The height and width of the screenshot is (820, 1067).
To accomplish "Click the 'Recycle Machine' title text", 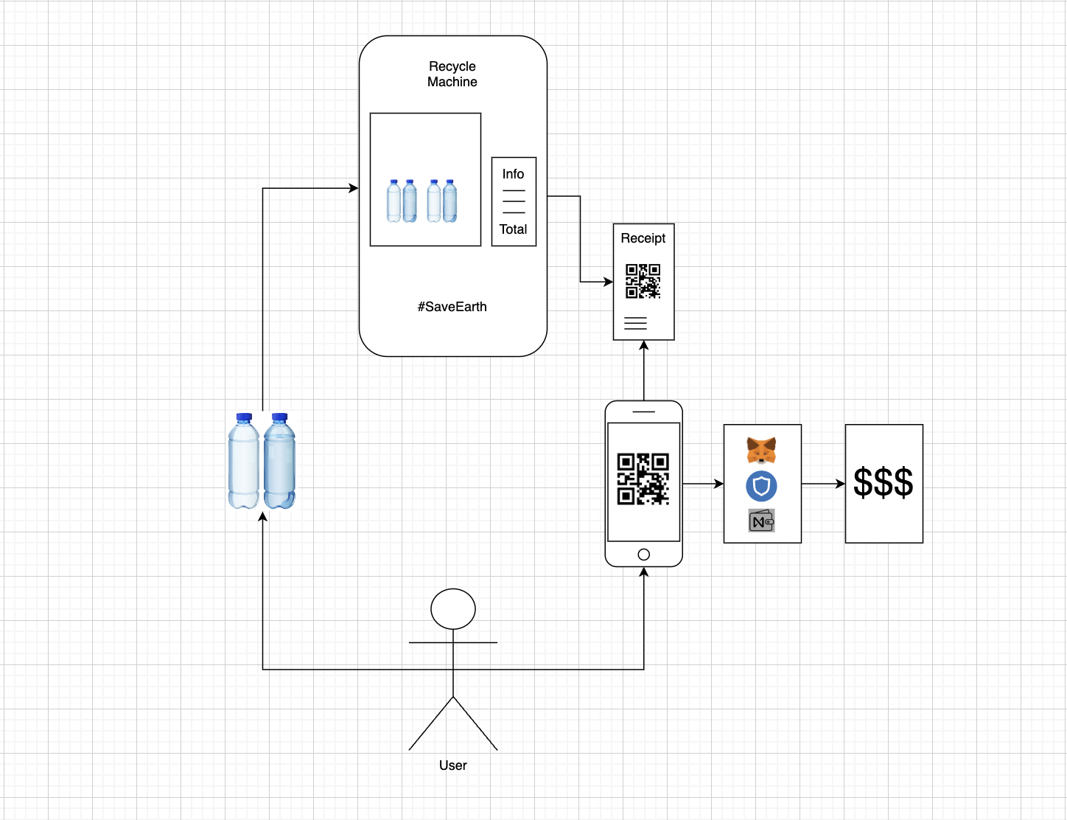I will click(x=452, y=74).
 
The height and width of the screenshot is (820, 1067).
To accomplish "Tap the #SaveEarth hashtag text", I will click(x=452, y=307).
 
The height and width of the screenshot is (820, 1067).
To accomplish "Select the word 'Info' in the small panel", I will click(x=513, y=174).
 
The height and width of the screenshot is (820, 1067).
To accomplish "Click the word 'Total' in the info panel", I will click(x=513, y=229).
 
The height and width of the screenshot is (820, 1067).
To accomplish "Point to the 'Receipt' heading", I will click(x=643, y=238).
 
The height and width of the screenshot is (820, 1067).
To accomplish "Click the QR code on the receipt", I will click(x=643, y=281).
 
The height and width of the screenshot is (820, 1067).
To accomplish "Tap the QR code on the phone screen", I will click(x=643, y=479).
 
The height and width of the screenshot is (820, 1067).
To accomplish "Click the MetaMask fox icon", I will click(x=761, y=449).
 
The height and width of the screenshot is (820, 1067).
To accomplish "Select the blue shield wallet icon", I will click(x=761, y=486).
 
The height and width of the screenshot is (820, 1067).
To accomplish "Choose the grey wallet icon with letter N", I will click(x=761, y=521).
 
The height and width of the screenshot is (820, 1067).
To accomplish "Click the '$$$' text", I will click(x=883, y=483).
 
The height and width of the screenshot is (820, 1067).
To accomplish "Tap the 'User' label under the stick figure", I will click(x=452, y=765).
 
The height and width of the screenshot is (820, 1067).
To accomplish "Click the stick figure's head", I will click(x=452, y=609).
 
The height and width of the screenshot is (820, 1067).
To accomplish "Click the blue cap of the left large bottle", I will click(x=244, y=417).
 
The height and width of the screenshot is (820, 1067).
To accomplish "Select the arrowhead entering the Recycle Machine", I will click(x=354, y=188).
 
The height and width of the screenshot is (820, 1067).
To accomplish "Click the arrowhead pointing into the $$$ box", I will click(x=841, y=484).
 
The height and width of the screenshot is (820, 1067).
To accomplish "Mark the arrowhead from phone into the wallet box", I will click(x=719, y=484).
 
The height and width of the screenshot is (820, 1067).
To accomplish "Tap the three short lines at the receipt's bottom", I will click(x=635, y=323).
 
